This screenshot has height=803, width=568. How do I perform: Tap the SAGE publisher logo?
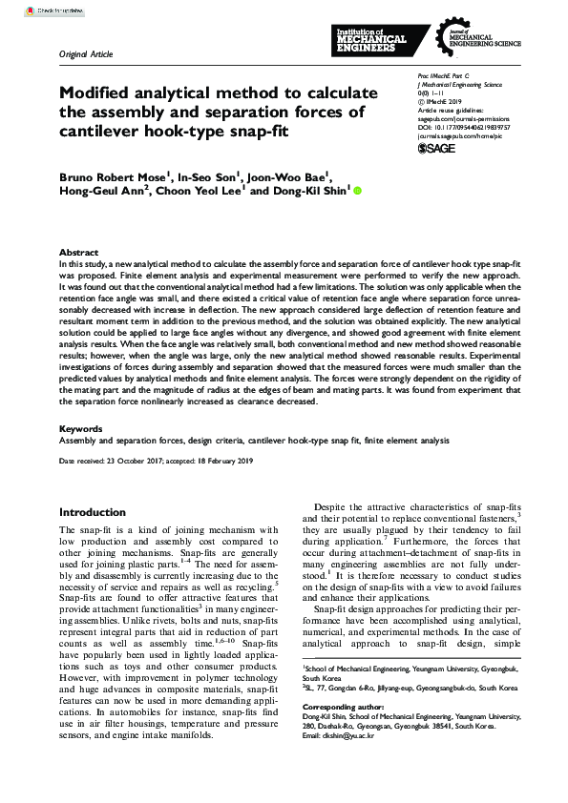437,150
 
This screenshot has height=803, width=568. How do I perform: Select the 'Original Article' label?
86,54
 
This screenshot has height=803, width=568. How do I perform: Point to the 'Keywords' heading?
80,430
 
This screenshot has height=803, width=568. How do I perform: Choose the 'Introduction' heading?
93,512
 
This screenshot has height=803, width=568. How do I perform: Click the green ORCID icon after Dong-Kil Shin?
358,191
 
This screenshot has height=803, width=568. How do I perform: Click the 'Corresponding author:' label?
347,733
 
